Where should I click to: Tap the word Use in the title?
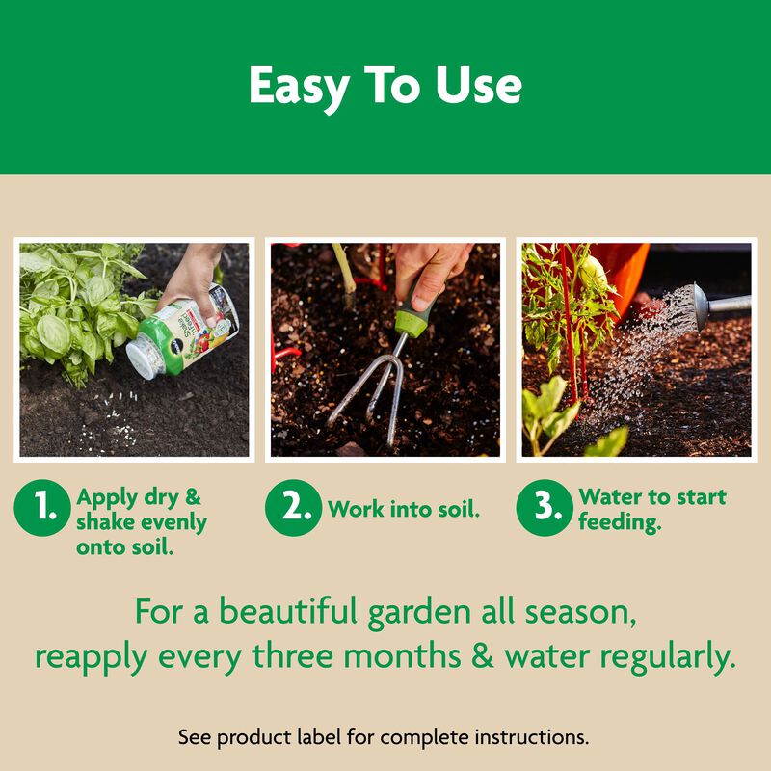tap(479, 87)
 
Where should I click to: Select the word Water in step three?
tap(611, 497)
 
